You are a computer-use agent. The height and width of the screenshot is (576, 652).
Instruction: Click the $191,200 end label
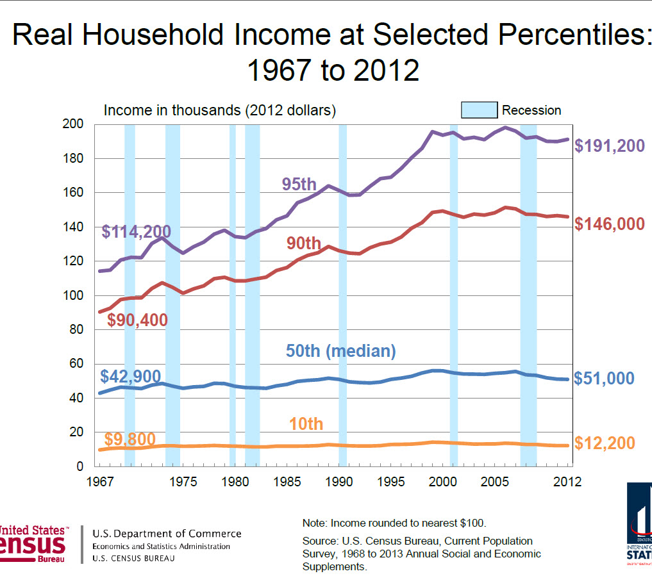609,146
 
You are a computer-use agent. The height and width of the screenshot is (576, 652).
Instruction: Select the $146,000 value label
609,224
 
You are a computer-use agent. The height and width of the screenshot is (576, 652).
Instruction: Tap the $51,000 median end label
604,378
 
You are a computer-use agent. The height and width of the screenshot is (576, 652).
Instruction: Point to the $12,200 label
604,443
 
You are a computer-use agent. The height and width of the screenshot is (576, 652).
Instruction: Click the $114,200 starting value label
136,231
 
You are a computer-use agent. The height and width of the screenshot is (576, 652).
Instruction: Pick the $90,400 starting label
137,320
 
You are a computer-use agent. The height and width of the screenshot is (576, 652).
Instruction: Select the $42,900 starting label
131,376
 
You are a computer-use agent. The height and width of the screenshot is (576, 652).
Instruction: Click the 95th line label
299,185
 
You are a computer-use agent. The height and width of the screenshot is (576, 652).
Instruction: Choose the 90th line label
303,243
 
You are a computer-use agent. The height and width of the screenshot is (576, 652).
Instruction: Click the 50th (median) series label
340,351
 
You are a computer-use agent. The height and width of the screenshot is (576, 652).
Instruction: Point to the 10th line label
306,424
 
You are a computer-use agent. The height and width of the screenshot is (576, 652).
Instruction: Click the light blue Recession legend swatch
479,110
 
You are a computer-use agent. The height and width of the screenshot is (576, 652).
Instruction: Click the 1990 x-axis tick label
341,481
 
